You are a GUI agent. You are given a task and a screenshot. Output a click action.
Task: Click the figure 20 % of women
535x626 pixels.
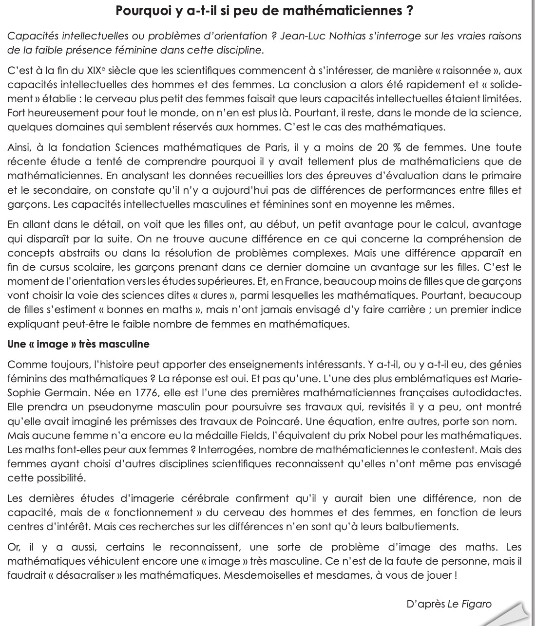click(x=383, y=147)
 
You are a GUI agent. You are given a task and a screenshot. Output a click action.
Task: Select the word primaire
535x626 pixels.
click(x=501, y=176)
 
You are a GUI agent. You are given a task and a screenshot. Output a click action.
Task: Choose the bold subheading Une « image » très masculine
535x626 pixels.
click(x=78, y=344)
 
